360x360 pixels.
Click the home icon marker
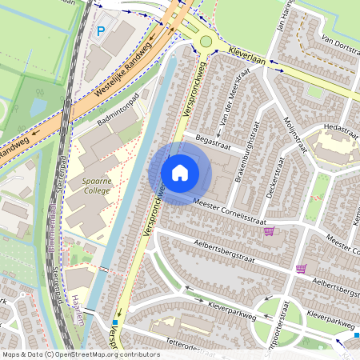(180, 173)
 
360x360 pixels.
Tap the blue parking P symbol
(101, 31)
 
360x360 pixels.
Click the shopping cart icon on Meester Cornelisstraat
(269, 232)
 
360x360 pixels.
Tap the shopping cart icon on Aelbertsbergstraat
(301, 268)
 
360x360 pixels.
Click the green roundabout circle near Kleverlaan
(206, 40)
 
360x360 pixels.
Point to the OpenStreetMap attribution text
(80, 354)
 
